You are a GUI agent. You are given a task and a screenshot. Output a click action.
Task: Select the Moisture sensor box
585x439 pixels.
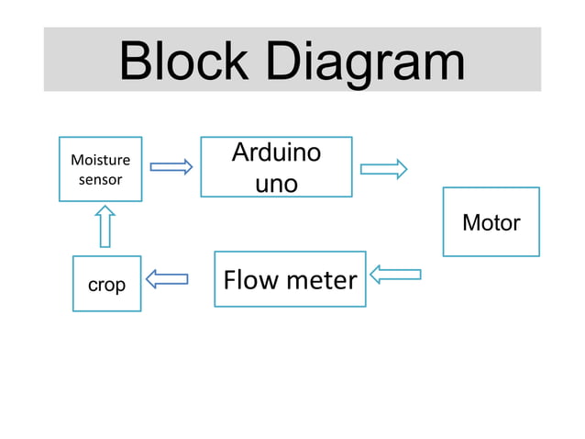pyautogui.click(x=100, y=169)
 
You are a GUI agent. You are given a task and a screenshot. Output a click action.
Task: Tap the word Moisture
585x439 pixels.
pyautogui.click(x=100, y=160)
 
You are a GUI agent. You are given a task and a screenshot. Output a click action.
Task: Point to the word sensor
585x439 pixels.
pyautogui.click(x=100, y=180)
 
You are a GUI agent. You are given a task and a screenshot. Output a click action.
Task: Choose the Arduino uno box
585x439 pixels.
pyautogui.click(x=276, y=167)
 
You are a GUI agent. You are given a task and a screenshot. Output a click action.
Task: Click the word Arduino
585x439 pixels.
pyautogui.click(x=276, y=152)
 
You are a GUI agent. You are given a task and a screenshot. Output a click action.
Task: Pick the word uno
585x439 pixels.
pyautogui.click(x=276, y=184)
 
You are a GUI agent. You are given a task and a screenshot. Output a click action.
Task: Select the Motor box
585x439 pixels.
pyautogui.click(x=491, y=221)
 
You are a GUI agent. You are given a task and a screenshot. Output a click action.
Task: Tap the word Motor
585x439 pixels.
pyautogui.click(x=491, y=222)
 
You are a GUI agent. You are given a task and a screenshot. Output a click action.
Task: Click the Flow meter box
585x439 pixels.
pyautogui.click(x=290, y=278)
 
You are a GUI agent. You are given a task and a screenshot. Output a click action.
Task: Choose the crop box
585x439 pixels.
pyautogui.click(x=107, y=284)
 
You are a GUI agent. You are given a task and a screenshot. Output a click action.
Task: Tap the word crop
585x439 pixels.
pyautogui.click(x=107, y=286)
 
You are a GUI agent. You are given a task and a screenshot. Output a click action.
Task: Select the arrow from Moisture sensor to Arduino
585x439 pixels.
pyautogui.click(x=171, y=166)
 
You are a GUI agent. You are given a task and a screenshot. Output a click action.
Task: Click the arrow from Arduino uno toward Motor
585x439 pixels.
pyautogui.click(x=383, y=168)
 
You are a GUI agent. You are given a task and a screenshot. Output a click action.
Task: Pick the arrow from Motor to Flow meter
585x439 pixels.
pyautogui.click(x=395, y=274)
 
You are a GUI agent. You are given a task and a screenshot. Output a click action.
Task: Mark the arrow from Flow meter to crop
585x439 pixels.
pyautogui.click(x=167, y=277)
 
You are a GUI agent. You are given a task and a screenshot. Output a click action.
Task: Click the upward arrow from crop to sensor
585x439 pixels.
pyautogui.click(x=105, y=226)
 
